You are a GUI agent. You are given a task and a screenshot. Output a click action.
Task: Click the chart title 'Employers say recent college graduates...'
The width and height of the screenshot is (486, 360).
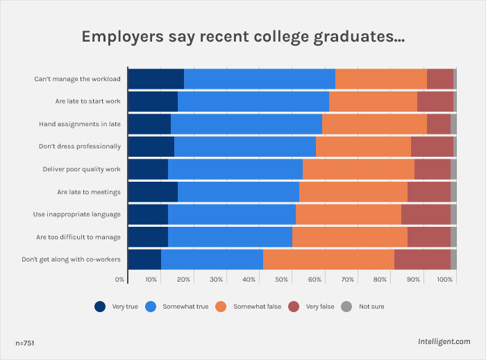243,37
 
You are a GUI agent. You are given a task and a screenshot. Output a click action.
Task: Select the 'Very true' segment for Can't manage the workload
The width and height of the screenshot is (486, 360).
156,78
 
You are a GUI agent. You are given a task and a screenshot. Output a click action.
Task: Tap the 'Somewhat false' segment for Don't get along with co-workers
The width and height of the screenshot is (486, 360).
328,259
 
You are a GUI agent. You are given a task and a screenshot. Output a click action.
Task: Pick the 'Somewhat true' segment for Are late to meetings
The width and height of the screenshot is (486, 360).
238,191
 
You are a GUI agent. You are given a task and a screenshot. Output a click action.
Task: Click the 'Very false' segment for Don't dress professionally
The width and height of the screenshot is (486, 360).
432,146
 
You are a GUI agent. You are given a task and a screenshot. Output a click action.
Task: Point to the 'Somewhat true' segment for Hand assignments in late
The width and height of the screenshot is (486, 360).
246,123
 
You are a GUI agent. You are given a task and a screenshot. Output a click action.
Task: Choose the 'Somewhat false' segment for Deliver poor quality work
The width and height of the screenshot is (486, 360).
358,169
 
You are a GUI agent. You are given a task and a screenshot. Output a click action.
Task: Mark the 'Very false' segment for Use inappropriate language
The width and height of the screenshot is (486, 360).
426,214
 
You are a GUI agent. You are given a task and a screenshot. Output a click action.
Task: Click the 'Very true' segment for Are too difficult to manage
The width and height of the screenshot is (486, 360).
148,237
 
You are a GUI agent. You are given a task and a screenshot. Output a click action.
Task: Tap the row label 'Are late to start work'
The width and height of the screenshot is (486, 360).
88,101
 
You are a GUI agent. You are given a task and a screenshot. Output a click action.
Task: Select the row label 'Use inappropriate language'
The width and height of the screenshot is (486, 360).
77,214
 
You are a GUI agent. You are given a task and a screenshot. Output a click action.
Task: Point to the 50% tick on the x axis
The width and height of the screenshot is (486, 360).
282,280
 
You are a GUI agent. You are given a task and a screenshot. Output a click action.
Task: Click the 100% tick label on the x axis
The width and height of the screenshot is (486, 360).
445,280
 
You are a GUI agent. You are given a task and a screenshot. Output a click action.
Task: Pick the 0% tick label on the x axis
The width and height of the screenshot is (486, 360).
120,280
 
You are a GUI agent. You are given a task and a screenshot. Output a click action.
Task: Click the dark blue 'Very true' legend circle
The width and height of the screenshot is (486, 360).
100,306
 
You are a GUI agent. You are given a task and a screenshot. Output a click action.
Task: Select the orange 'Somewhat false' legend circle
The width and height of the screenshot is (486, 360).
221,306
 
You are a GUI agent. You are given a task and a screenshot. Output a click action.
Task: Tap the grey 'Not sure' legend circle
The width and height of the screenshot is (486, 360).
346,306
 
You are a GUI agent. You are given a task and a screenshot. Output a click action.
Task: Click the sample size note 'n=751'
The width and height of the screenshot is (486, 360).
26,343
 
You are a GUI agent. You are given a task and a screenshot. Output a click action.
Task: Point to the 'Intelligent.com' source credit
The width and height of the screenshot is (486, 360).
444,342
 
